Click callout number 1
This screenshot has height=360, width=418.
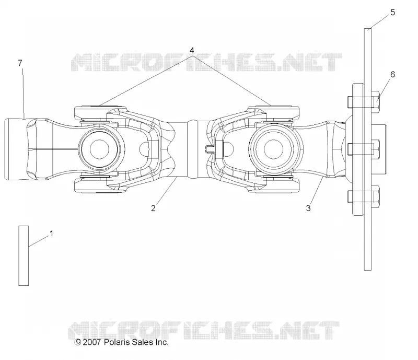click(51, 234)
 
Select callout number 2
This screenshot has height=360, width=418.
click(153, 208)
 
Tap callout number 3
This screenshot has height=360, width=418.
click(308, 208)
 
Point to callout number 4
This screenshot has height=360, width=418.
click(192, 50)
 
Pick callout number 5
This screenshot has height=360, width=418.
click(392, 12)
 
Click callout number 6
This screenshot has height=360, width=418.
click(392, 74)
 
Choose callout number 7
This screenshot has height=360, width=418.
click(20, 63)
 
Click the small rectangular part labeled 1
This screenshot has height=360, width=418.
click(24, 256)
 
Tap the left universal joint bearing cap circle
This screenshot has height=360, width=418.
click(99, 149)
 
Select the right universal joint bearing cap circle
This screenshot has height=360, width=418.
click(273, 149)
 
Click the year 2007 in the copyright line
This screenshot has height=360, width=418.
click(92, 342)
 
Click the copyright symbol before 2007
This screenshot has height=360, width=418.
click(78, 342)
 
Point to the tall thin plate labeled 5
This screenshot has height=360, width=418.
click(368, 149)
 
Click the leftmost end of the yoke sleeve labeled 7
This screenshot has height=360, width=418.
click(5, 149)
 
